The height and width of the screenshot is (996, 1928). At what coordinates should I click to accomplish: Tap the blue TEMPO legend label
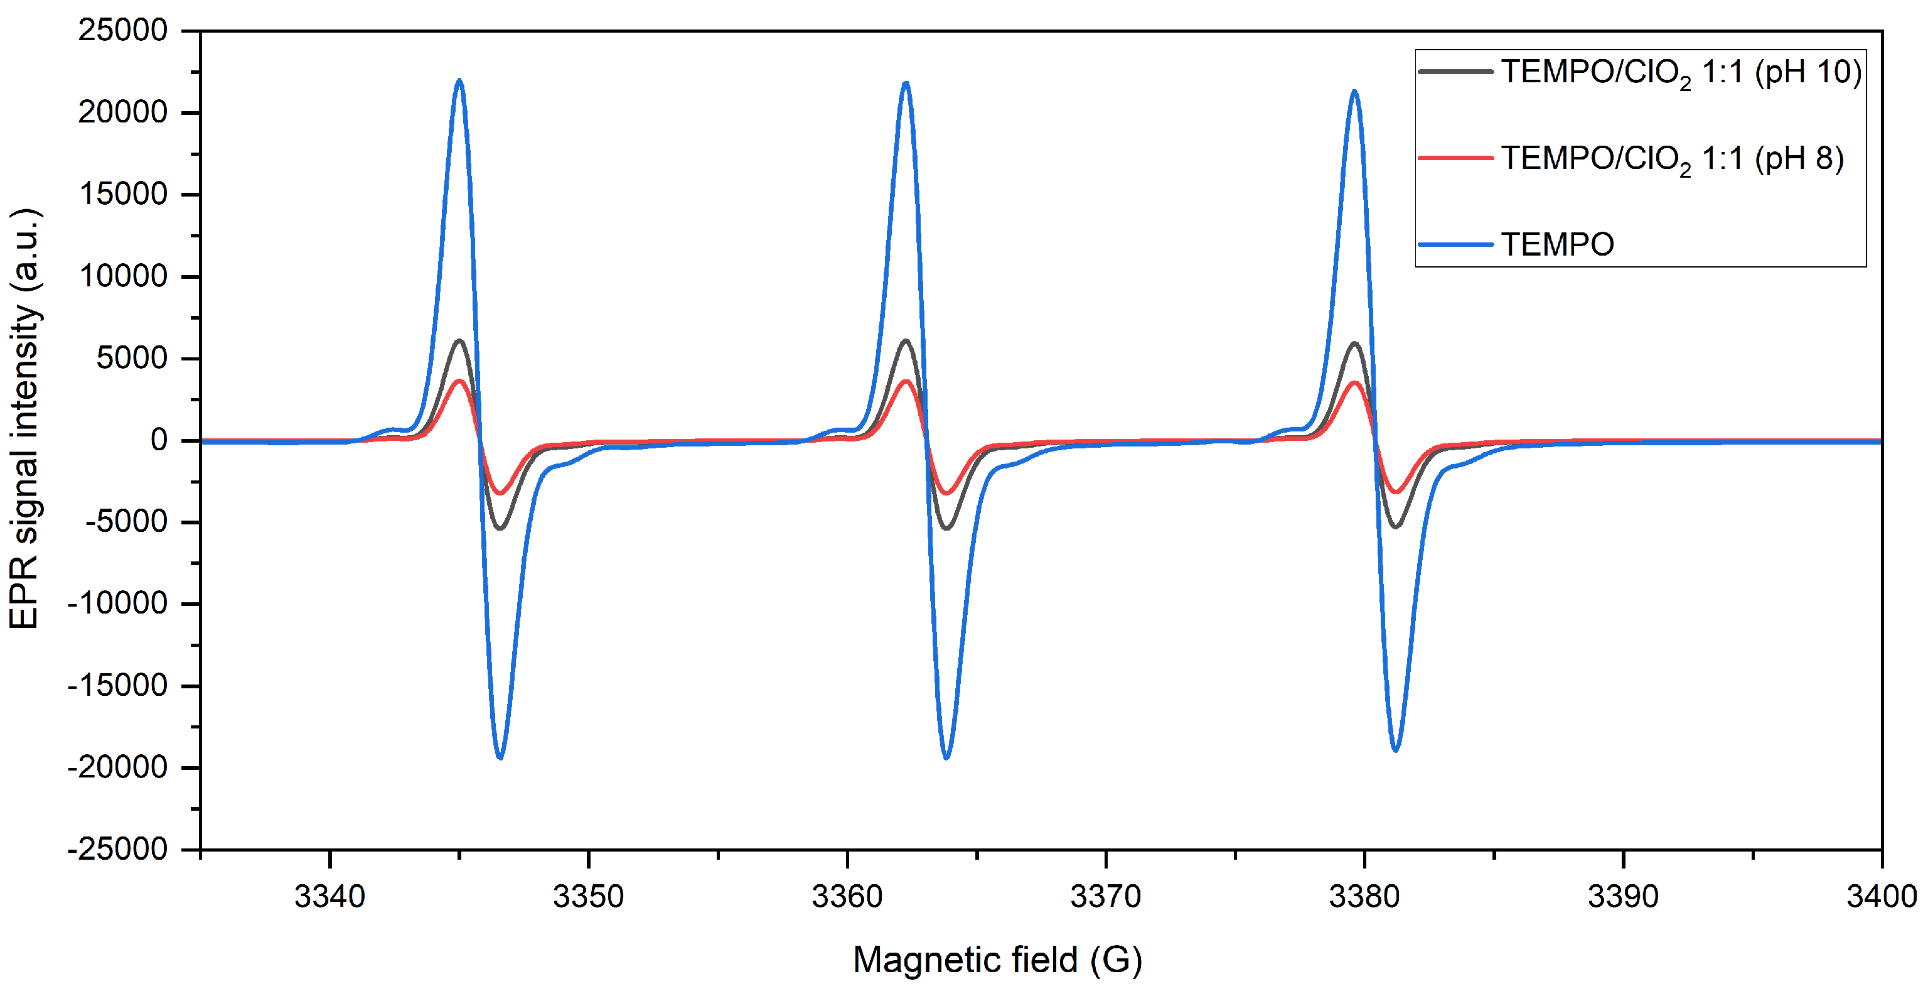click(1556, 245)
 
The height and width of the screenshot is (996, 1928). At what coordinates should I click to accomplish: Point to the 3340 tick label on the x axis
click(329, 896)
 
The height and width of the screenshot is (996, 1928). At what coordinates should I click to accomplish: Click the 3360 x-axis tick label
click(847, 896)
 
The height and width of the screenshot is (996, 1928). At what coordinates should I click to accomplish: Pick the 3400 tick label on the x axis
click(1881, 896)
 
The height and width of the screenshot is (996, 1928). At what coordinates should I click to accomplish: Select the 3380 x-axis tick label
click(1364, 896)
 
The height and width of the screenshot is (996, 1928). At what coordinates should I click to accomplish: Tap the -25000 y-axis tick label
click(117, 849)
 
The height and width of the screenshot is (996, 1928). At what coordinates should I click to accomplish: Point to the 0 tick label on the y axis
click(159, 440)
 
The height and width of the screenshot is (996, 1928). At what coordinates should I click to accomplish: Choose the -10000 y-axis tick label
click(117, 604)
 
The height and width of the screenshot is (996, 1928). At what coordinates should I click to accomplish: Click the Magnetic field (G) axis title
click(997, 960)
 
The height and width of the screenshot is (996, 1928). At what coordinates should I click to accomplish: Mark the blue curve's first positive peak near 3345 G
click(459, 80)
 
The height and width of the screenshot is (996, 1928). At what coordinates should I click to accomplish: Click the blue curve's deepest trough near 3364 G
click(947, 758)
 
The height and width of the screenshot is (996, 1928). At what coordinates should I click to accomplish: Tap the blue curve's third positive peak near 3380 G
click(1354, 91)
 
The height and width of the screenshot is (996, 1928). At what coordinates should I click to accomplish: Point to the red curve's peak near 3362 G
click(906, 381)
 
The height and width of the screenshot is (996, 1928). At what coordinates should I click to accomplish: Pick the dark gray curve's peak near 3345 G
click(459, 341)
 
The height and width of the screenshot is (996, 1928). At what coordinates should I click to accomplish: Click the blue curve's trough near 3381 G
click(1395, 750)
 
